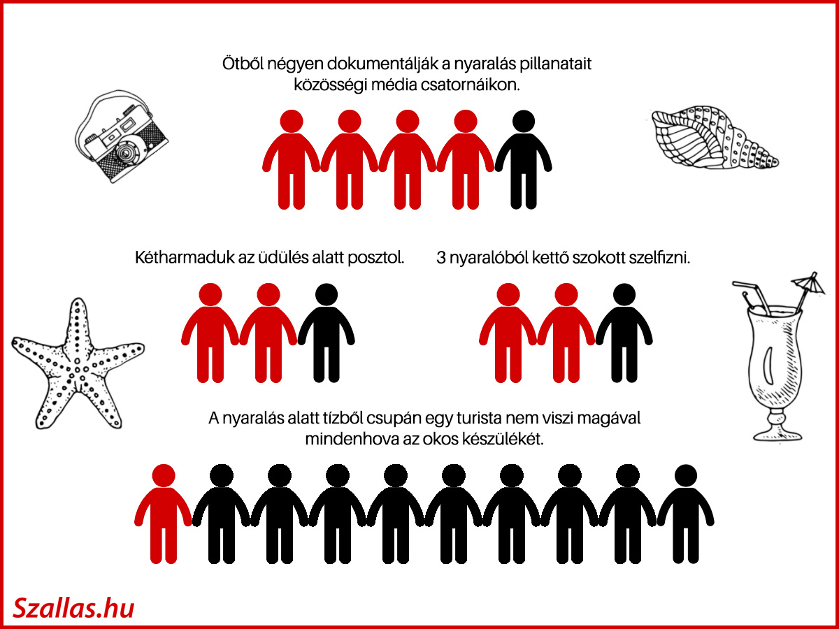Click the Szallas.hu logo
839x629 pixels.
point(73,607)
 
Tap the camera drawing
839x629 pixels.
point(122,137)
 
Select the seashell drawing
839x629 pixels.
point(715,138)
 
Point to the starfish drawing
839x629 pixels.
point(78,366)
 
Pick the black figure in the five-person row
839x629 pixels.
point(523,159)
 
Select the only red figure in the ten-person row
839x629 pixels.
point(163,514)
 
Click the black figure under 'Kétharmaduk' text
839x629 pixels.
point(326,333)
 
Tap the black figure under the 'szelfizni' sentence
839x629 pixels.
point(624,333)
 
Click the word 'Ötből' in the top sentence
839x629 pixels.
point(243,64)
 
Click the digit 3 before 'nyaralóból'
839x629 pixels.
point(440,258)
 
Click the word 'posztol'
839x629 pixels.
point(376,258)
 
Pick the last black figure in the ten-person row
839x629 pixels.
point(686,514)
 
